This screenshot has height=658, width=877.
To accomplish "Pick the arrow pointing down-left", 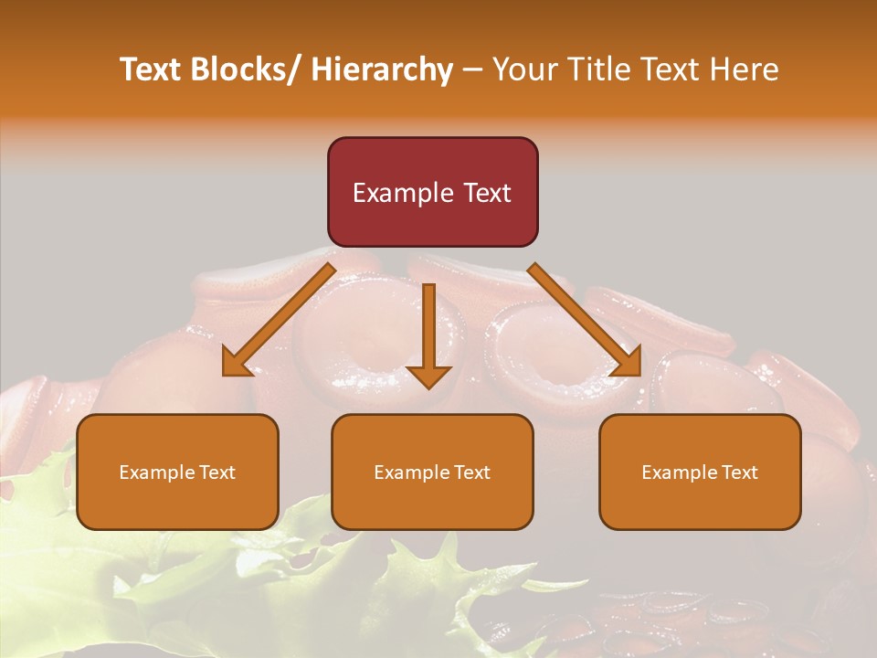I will [x=279, y=320].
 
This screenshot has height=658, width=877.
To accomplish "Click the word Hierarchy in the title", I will [x=382, y=69].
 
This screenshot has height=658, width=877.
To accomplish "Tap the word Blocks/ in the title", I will [x=248, y=69].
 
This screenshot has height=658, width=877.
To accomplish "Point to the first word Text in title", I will [x=152, y=69].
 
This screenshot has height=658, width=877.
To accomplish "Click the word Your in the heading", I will [x=524, y=69].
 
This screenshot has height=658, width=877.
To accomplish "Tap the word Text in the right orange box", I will [x=739, y=472].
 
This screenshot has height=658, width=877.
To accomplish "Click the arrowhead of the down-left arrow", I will [x=236, y=363].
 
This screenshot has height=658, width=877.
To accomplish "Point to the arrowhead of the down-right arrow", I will [x=627, y=363].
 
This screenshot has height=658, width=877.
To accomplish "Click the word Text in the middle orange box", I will [x=471, y=472].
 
